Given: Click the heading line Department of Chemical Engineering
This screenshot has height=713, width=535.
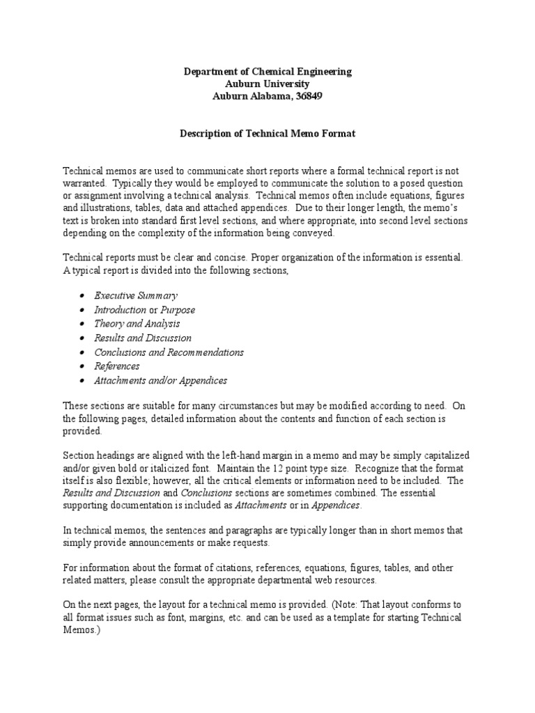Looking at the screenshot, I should point(267,72).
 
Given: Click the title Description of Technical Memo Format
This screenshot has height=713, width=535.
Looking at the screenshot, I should point(267,133).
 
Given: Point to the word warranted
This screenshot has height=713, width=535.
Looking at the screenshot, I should point(86,183).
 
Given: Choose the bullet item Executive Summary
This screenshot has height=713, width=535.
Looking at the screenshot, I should point(136,296).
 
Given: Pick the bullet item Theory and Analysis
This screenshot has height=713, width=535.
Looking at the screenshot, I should point(137,324).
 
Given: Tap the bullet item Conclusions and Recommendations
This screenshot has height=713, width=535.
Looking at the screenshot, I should point(169,352).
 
